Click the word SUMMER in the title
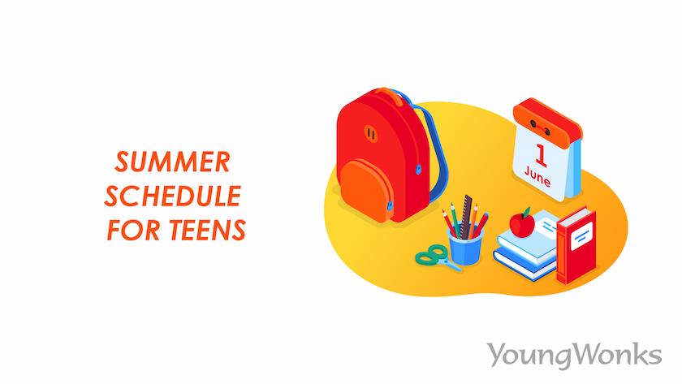[172, 162]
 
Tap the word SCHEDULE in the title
[173, 196]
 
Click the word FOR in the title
[134, 230]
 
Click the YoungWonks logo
[574, 355]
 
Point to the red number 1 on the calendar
[541, 156]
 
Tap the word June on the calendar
[537, 176]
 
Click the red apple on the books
[522, 224]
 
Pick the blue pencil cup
[465, 247]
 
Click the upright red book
[576, 245]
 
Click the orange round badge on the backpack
[370, 134]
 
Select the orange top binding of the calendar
[547, 119]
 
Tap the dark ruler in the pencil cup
[466, 217]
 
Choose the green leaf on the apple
[527, 212]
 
